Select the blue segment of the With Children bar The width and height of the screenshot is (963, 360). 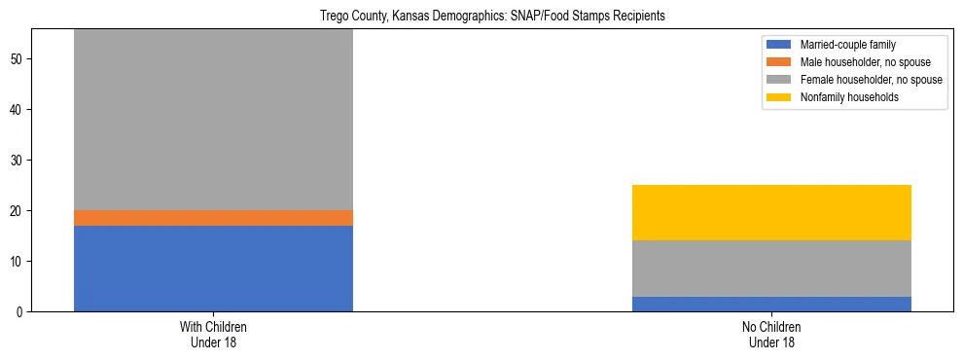[213, 269]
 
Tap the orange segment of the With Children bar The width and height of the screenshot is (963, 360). [213, 218]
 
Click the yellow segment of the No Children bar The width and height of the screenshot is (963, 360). [771, 212]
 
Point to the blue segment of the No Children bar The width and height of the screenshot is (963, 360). [771, 304]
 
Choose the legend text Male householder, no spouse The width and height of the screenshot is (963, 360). [861, 62]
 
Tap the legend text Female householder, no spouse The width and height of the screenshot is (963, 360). [871, 80]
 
